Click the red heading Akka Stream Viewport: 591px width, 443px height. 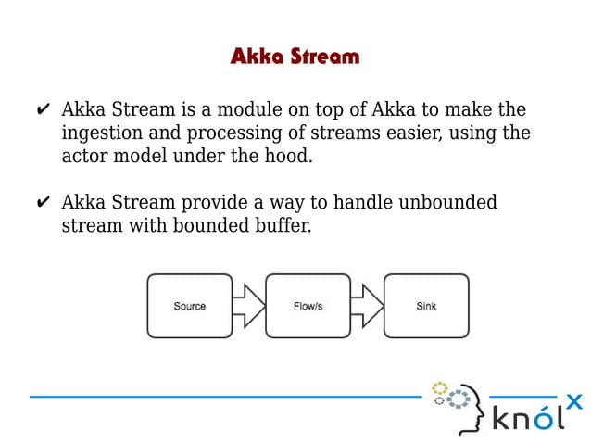pyautogui.click(x=295, y=57)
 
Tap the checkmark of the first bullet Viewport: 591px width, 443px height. pyautogui.click(x=44, y=111)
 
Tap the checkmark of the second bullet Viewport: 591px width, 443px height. pyautogui.click(x=44, y=203)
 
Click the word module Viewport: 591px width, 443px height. pyautogui.click(x=251, y=110)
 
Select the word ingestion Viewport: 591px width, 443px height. pyautogui.click(x=102, y=133)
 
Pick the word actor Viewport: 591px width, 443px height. pyautogui.click(x=84, y=156)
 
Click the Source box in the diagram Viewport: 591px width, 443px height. pyautogui.click(x=190, y=306)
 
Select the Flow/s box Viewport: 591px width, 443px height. pyautogui.click(x=308, y=306)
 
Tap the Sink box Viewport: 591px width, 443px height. pyautogui.click(x=426, y=306)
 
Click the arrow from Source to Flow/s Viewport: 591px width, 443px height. pyautogui.click(x=248, y=306)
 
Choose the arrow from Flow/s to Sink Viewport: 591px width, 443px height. pyautogui.click(x=367, y=306)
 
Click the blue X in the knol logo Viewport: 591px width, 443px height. pyautogui.click(x=574, y=402)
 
